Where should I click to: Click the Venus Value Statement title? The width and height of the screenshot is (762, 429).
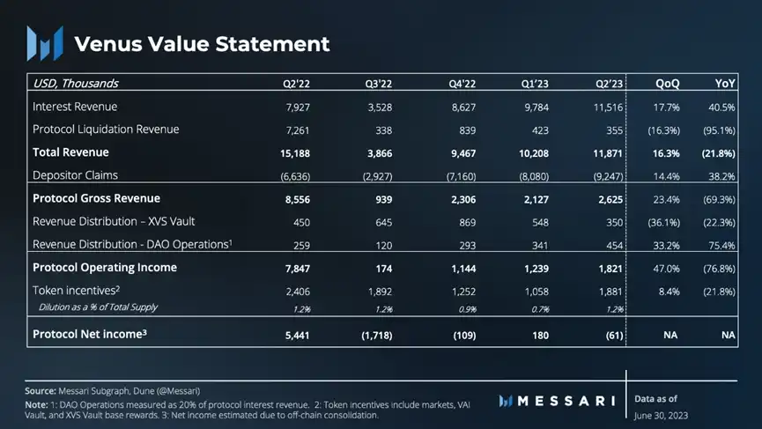[202, 43]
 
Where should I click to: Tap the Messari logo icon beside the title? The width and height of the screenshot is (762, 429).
[44, 43]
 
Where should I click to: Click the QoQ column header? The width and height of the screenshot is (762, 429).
[667, 84]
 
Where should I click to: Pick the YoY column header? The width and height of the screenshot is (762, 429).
[725, 84]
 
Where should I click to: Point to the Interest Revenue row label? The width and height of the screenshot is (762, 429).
[75, 107]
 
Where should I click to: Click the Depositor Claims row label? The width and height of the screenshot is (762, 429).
[75, 175]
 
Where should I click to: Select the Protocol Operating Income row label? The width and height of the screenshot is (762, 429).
[105, 267]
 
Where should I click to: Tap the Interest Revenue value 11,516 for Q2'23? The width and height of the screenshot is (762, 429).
[606, 107]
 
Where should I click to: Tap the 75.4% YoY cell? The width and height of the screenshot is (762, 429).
[721, 244]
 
